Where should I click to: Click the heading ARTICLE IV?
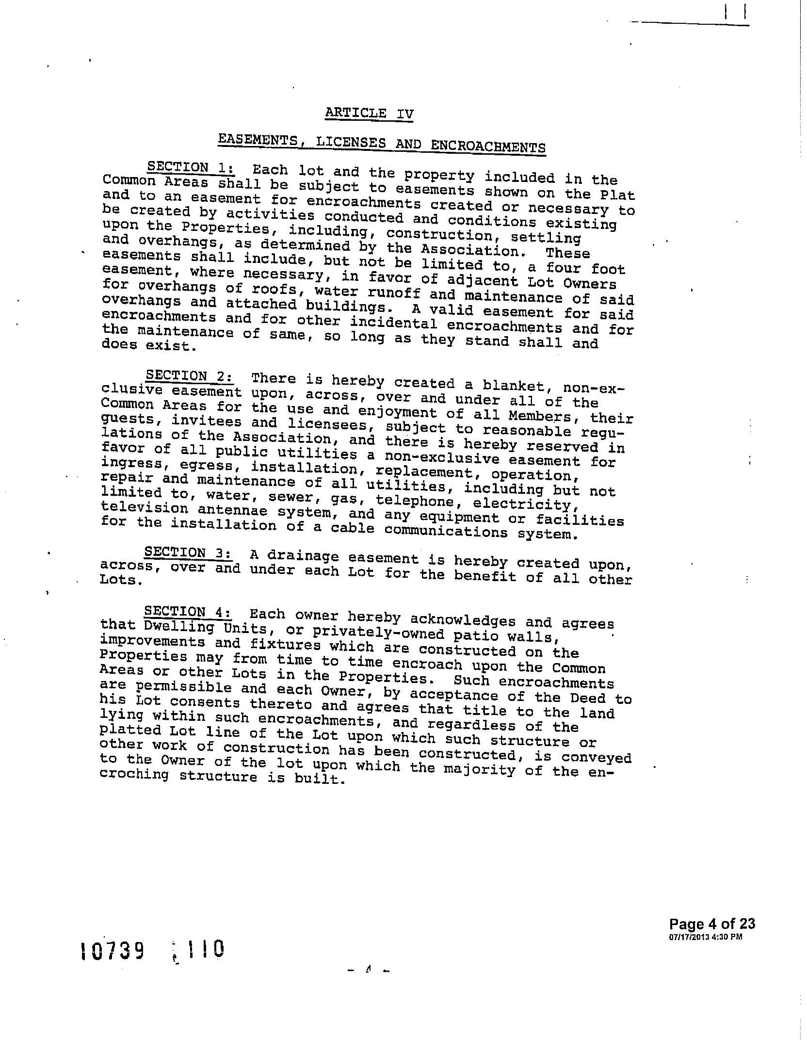369,114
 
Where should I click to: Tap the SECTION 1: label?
191,167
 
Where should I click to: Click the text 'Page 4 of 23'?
712,924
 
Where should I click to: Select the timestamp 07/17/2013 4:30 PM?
705,937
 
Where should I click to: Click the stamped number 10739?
113,951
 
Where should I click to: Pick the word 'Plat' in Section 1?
617,195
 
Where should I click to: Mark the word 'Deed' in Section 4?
588,698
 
